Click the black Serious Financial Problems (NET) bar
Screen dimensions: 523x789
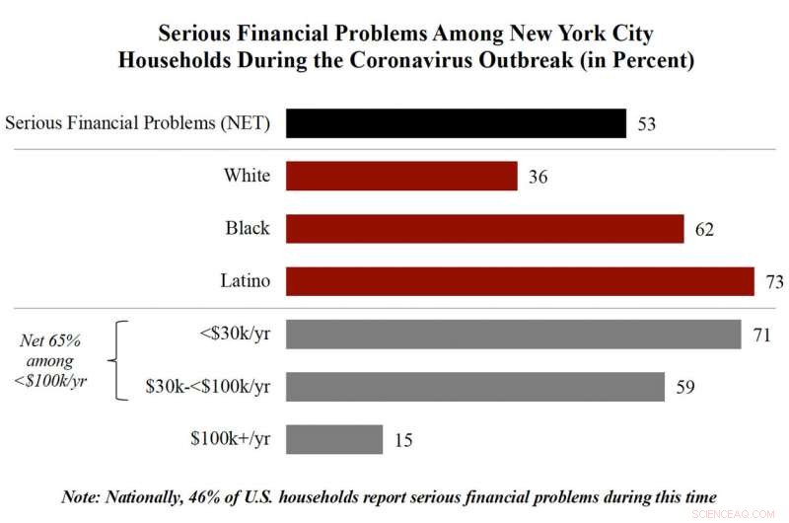coord(456,123)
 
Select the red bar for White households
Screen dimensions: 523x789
coord(401,177)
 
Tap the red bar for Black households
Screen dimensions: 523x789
coord(484,229)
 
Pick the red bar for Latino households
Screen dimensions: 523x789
coord(520,281)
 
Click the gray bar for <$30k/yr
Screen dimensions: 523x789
coord(513,335)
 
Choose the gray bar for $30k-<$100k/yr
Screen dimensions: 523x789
coord(474,387)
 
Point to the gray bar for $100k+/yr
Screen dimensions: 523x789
coord(334,439)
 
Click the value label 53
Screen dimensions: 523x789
coord(647,124)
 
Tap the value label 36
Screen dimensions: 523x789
coord(538,178)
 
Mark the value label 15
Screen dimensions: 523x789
coord(402,440)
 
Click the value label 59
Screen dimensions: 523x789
coord(684,387)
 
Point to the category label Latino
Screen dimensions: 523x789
coord(246,281)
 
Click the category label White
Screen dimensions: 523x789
coord(247,177)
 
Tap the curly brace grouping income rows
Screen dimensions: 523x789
coord(122,360)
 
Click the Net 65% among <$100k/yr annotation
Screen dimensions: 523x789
coord(55,361)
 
